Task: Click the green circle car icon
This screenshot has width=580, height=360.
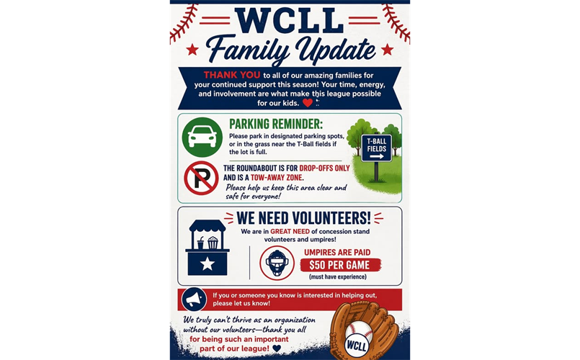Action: tap(202, 137)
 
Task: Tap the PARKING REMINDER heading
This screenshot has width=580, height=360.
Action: tap(277, 123)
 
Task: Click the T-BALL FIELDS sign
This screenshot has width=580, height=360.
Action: tap(376, 148)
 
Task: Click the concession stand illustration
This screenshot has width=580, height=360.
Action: tap(207, 247)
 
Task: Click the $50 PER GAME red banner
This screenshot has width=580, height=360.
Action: tap(339, 264)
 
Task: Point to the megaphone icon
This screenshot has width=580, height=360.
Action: tap(194, 299)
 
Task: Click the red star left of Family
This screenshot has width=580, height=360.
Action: tap(192, 50)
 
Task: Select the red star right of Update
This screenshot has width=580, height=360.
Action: tap(387, 50)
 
